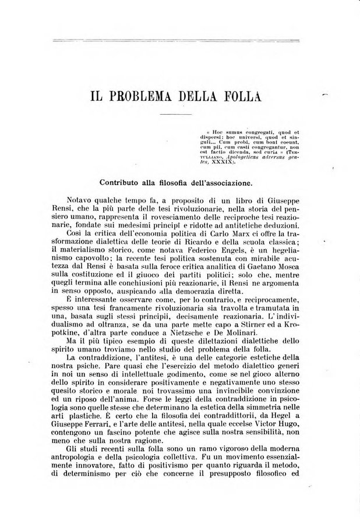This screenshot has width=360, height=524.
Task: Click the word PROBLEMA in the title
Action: (147, 97)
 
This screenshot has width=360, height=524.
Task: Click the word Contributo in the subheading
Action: (121, 182)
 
